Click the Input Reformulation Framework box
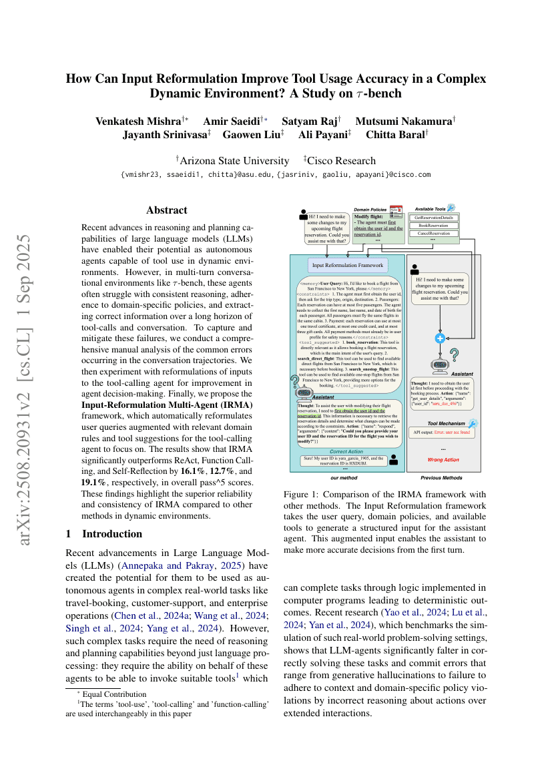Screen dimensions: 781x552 point(348,265)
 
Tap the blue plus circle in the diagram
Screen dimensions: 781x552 point(440,338)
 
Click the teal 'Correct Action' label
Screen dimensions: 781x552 point(346,433)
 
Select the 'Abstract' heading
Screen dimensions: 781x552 point(167,210)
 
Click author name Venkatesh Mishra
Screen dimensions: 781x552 point(138,121)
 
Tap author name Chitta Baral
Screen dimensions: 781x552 point(396,135)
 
